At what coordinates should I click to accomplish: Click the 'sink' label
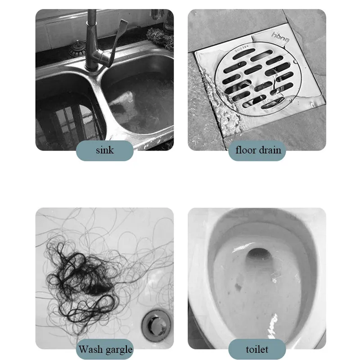click(x=105, y=150)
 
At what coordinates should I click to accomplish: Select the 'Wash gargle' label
click(x=105, y=350)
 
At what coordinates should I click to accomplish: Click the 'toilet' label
click(x=257, y=350)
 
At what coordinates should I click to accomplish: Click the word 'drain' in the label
click(x=270, y=150)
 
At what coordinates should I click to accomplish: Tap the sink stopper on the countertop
click(x=77, y=49)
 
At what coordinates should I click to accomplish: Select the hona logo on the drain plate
click(x=280, y=37)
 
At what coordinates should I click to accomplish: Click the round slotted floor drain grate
click(x=258, y=79)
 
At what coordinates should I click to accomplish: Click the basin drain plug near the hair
click(x=156, y=325)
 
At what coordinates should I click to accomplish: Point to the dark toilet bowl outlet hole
click(x=259, y=255)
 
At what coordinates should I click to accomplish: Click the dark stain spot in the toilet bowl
click(x=238, y=287)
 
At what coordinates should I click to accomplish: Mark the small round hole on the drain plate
click(x=296, y=62)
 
